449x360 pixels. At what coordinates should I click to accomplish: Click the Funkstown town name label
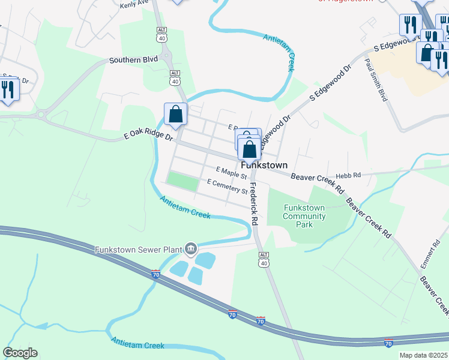[264, 165]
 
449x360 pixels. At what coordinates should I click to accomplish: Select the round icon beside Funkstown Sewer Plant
[191, 248]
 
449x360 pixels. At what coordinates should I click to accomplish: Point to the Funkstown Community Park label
[304, 216]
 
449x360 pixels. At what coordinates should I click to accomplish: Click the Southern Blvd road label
[133, 60]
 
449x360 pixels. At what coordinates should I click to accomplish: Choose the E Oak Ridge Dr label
[148, 137]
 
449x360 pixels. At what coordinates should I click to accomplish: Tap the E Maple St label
[232, 173]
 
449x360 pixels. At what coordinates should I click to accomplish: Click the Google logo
[20, 353]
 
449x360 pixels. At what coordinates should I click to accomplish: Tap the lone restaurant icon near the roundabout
[8, 90]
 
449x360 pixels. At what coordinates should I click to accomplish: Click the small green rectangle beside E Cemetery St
[182, 181]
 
